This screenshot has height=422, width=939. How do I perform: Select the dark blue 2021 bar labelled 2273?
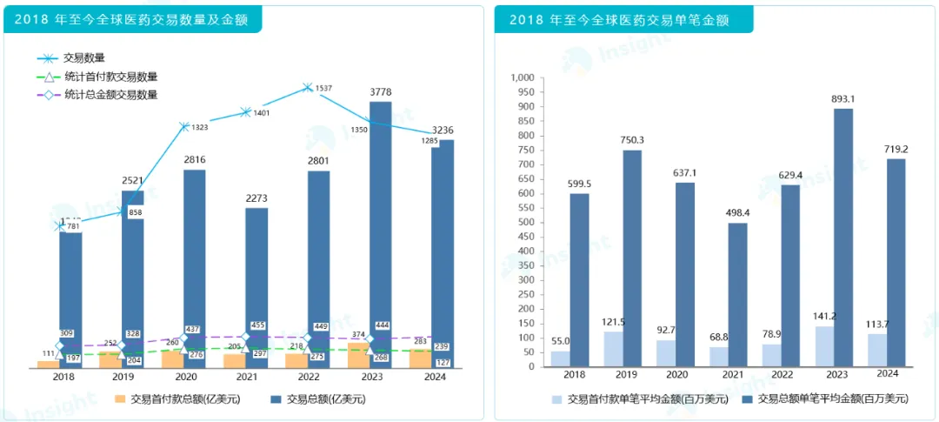(256, 278)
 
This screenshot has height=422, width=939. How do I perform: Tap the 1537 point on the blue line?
(307, 87)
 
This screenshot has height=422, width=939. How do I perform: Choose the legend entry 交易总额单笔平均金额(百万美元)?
(833, 399)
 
